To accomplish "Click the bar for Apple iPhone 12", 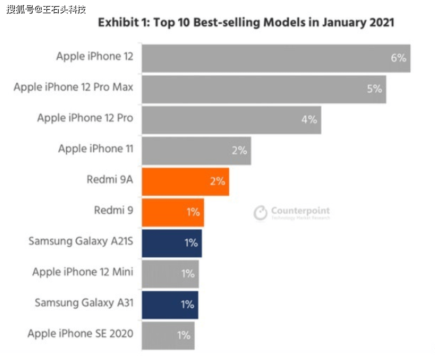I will (275, 58).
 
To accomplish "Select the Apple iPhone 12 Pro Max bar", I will (264, 89).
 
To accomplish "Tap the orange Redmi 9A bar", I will (185, 182).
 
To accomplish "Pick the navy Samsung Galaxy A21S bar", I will (171, 243).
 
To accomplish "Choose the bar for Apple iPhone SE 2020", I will (168, 336).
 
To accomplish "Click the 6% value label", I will (398, 58).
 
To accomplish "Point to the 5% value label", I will (374, 89).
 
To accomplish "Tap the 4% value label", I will (309, 120).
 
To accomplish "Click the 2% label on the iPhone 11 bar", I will (240, 151).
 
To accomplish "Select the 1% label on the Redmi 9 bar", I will (193, 212).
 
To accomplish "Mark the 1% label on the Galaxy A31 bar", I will (187, 305).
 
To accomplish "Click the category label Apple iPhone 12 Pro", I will (85, 118).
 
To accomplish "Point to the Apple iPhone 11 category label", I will (96, 149).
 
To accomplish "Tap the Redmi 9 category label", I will (113, 210).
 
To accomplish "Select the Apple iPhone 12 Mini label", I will (83, 272).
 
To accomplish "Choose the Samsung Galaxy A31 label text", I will (84, 303).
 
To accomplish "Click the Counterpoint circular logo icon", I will (260, 213).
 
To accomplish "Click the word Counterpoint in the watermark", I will (301, 211).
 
